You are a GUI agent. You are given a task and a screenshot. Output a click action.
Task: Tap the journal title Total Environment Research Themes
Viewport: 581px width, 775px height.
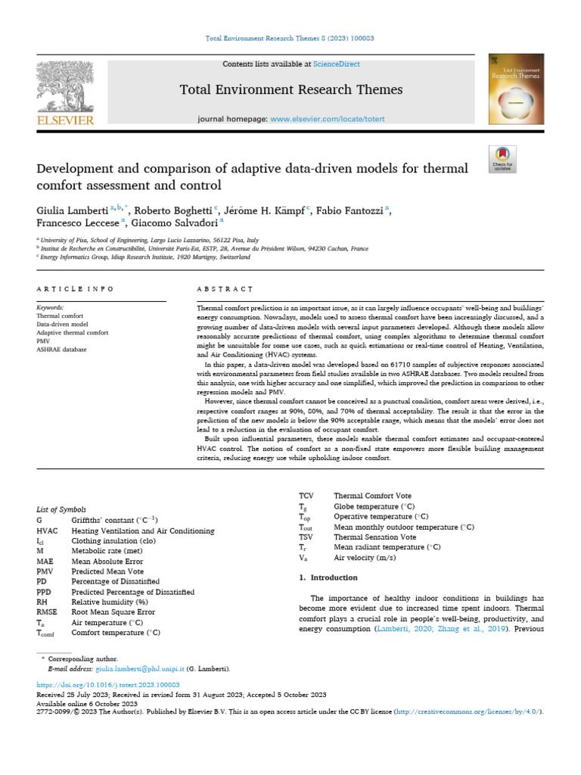(x=291, y=90)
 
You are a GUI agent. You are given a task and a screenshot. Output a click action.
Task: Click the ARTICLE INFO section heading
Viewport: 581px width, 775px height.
(x=76, y=289)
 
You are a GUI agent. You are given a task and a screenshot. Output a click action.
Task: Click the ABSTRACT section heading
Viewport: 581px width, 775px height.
(x=224, y=289)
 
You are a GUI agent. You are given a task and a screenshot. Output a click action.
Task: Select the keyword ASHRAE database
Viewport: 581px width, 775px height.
(x=62, y=350)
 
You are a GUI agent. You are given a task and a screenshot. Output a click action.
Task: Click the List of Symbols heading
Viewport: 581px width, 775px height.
(x=61, y=510)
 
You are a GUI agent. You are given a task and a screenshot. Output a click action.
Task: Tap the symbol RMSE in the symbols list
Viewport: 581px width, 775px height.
(x=47, y=612)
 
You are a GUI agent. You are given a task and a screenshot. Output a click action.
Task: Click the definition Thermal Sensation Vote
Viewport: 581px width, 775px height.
(x=375, y=537)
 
